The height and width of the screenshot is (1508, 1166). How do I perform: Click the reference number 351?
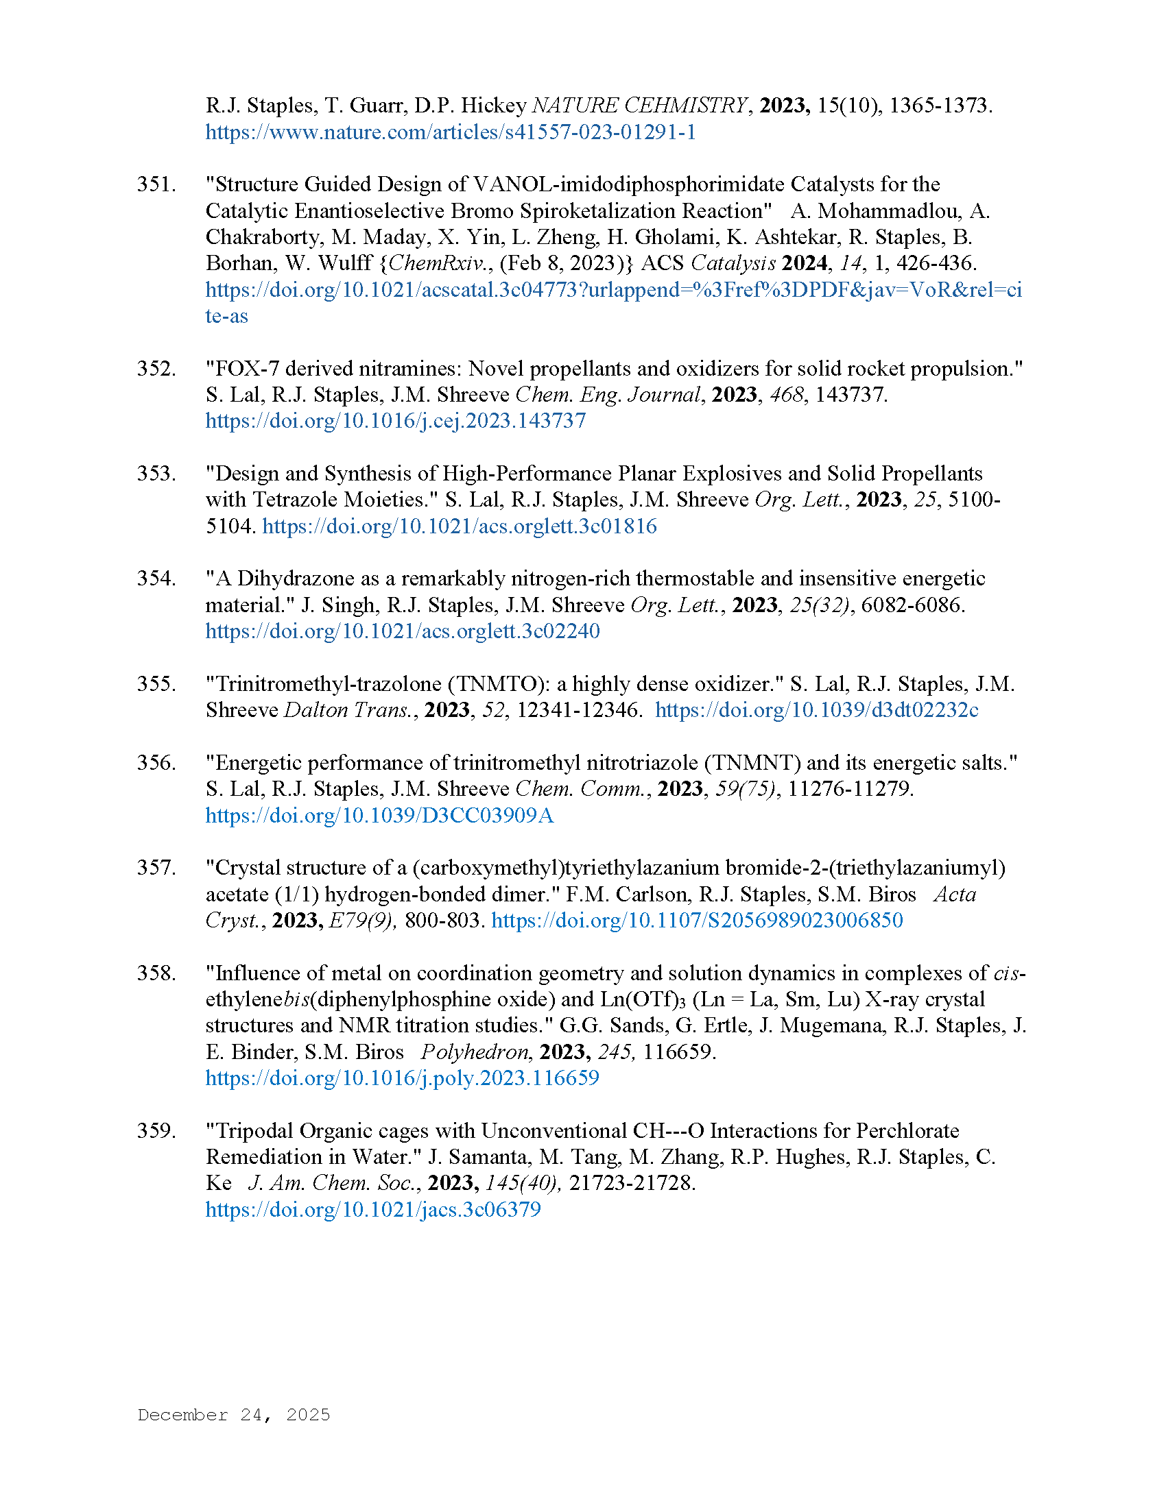point(156,184)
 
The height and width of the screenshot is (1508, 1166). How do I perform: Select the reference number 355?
point(156,683)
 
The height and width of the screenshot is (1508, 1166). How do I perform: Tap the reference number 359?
point(156,1130)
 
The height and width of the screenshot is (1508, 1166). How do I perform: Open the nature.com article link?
point(451,132)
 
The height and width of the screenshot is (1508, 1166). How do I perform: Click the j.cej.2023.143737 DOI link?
point(395,420)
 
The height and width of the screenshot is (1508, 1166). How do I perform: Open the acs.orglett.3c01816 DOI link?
point(460,526)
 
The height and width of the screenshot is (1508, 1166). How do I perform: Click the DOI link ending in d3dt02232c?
point(816,710)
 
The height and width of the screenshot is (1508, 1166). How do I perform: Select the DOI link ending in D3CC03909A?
point(379,816)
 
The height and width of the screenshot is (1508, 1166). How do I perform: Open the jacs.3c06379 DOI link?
point(373,1209)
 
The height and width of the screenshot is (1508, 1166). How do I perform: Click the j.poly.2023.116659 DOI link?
point(402,1078)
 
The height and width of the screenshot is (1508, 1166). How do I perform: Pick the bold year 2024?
point(805,263)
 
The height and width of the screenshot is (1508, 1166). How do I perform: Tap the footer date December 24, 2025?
point(233,1415)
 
